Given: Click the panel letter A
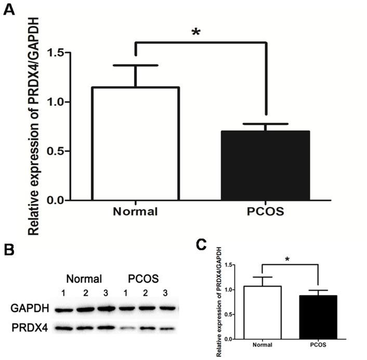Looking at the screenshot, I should pos(9,10).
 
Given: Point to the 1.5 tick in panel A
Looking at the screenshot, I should pos(57,53).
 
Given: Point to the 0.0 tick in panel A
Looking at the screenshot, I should pos(57,200).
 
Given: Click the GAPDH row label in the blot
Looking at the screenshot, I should pos(29,309).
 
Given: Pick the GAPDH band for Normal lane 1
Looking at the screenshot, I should pos(64,310).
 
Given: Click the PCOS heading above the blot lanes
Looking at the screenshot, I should pos(143,277).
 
